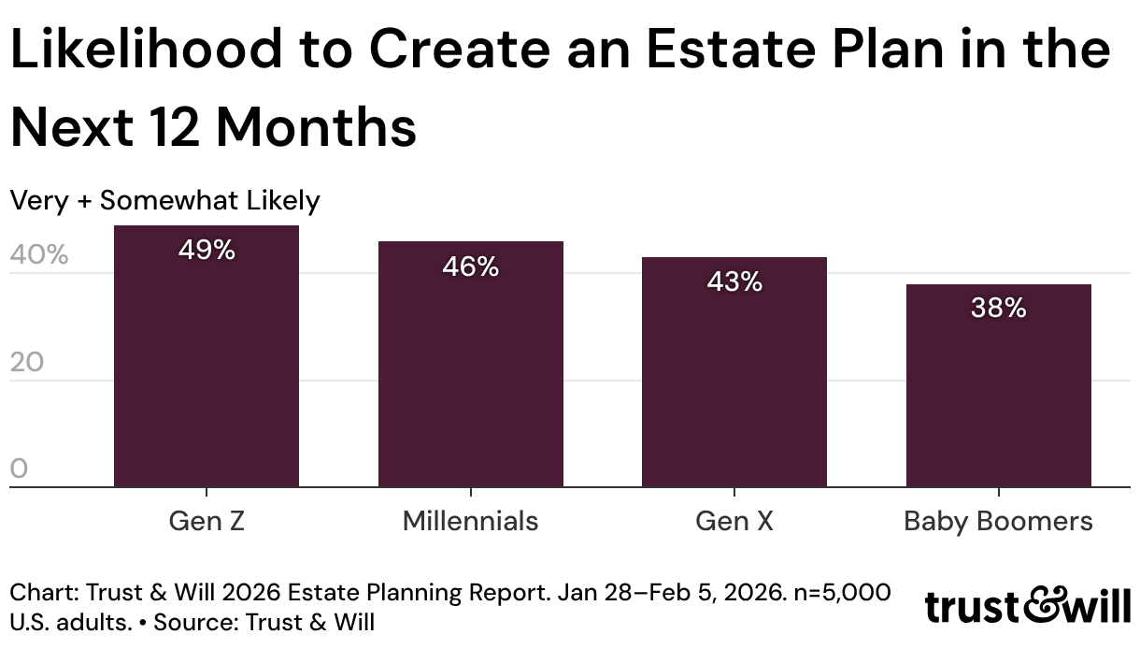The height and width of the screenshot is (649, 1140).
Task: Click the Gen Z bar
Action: [207, 356]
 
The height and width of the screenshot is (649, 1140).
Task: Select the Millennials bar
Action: [471, 364]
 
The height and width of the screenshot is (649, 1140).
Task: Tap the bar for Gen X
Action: [734, 372]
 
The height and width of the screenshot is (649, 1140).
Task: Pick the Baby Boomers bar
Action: [999, 385]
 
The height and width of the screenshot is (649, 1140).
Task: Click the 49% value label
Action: [207, 250]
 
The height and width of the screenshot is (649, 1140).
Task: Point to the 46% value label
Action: [471, 267]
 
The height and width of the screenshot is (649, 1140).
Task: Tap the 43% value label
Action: [734, 281]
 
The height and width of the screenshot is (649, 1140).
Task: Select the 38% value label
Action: [999, 308]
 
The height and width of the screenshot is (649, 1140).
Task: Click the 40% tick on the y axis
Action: [38, 254]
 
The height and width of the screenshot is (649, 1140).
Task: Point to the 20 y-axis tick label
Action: [26, 362]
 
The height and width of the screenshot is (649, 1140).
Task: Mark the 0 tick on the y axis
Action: [19, 469]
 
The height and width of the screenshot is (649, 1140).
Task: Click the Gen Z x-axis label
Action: [207, 521]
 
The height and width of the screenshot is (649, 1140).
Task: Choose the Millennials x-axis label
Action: [470, 521]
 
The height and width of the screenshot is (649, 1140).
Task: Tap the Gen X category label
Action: [734, 521]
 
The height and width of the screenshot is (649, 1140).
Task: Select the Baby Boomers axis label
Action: [998, 522]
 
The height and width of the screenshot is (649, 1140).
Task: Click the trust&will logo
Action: [1027, 606]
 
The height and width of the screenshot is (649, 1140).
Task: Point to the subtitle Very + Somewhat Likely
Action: [164, 201]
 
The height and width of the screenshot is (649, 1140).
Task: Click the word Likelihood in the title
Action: [146, 49]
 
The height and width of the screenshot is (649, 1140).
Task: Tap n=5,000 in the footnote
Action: [842, 593]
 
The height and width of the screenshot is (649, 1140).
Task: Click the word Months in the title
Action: [317, 127]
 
